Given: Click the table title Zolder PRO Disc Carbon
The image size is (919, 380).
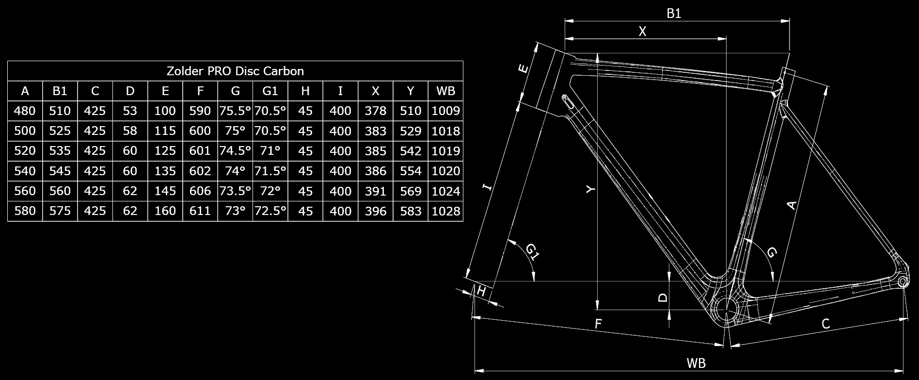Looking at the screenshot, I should tap(235, 71).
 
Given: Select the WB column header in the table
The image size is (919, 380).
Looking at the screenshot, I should tap(445, 91).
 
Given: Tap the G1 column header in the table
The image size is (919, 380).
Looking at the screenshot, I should tap(270, 91).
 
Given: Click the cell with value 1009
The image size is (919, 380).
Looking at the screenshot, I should tap(445, 111).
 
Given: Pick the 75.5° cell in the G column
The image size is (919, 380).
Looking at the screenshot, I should tap(235, 111).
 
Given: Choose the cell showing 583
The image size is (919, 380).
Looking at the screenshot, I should tap(411, 211).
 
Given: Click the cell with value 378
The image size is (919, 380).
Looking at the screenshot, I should tap(376, 111).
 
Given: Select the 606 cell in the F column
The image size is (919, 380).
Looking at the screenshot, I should tap(200, 191).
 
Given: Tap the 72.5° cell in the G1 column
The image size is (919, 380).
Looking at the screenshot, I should tap(270, 211).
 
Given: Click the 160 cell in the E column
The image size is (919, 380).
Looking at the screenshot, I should tap(165, 211).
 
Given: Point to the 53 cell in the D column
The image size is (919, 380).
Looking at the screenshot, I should tap(130, 111).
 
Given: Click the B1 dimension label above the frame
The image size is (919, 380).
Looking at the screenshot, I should tap(674, 13).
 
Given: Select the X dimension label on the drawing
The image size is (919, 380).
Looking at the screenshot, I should tap(643, 32).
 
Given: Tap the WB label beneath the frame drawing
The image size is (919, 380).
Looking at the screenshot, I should tap(696, 363).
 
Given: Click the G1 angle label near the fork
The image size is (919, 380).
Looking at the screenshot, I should tap(532, 252).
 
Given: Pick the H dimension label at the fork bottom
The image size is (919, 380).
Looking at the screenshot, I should tap(481, 291).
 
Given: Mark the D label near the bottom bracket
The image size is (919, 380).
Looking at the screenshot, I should tap(663, 297).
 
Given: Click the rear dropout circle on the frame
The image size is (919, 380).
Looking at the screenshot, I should tap(903, 282).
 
